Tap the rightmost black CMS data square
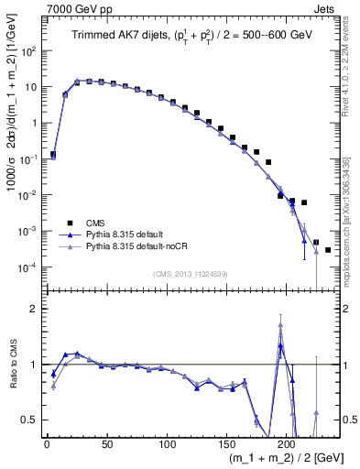[x=328, y=249]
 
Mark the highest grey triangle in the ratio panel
[x=280, y=324]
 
